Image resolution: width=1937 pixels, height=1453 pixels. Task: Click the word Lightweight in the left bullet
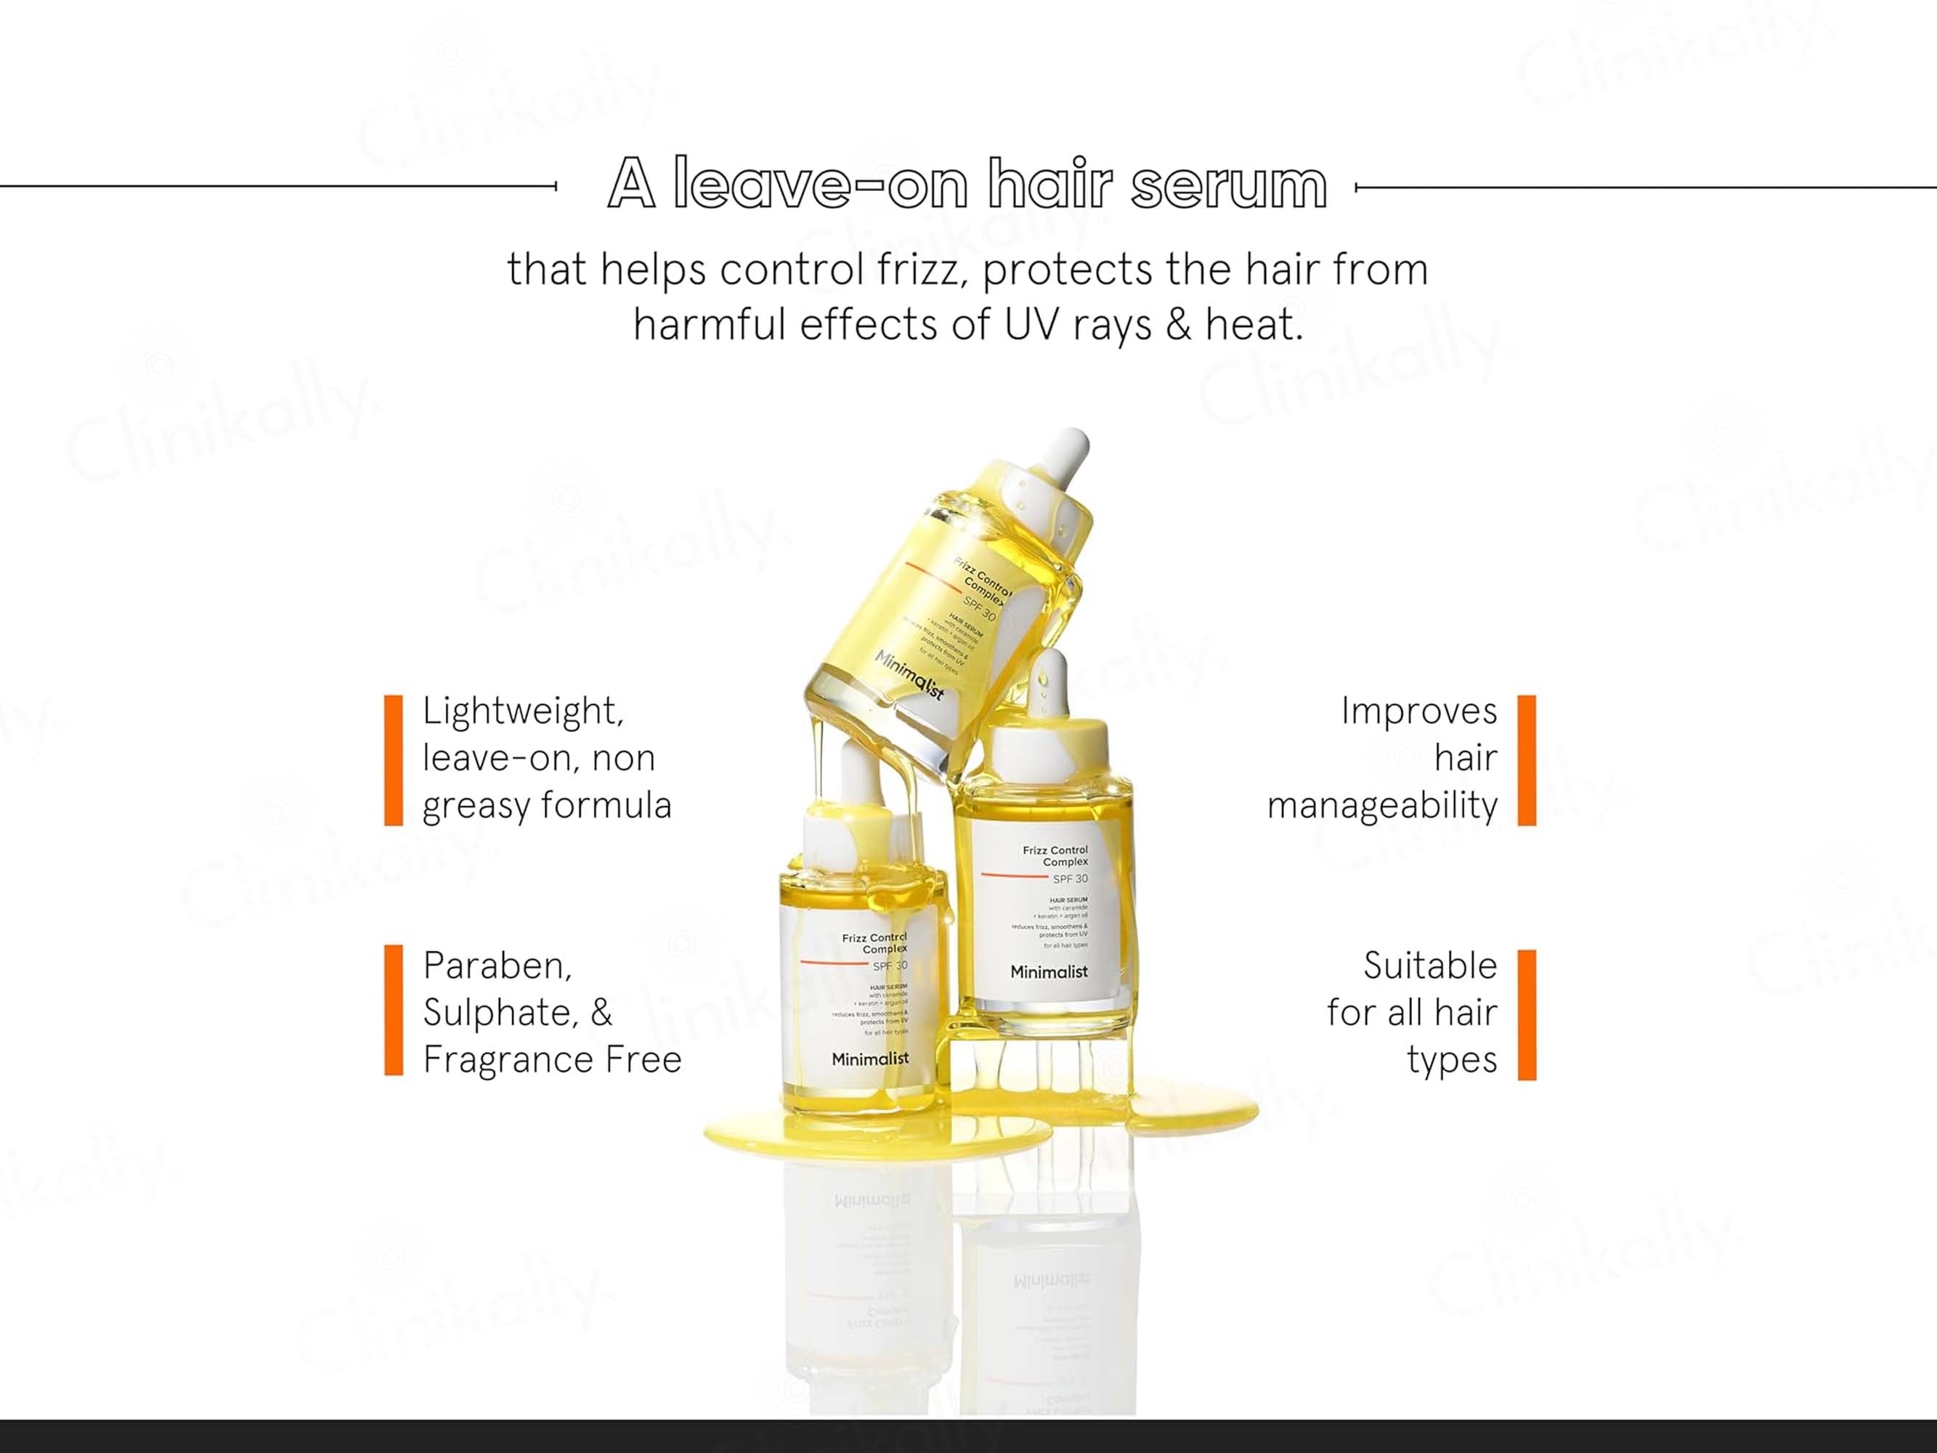[523, 711]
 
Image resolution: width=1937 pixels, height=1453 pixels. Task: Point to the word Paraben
[497, 966]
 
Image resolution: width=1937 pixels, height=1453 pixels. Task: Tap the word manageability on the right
[1382, 806]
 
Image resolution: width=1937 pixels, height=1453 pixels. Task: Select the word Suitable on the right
[1429, 966]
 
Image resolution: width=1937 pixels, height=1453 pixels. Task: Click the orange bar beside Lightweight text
[393, 759]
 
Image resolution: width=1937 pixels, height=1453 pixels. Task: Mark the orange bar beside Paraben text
[393, 1010]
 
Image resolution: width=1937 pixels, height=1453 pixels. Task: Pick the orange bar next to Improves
[1527, 759]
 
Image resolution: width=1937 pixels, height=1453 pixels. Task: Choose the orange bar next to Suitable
[1527, 1014]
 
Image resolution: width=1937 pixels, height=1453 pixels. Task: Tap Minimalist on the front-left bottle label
[869, 1059]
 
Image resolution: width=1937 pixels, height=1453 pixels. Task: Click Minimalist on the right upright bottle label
[1048, 971]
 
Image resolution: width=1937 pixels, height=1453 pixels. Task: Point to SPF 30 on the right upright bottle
[1069, 878]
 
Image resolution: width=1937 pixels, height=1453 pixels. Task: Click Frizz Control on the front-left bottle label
[874, 938]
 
